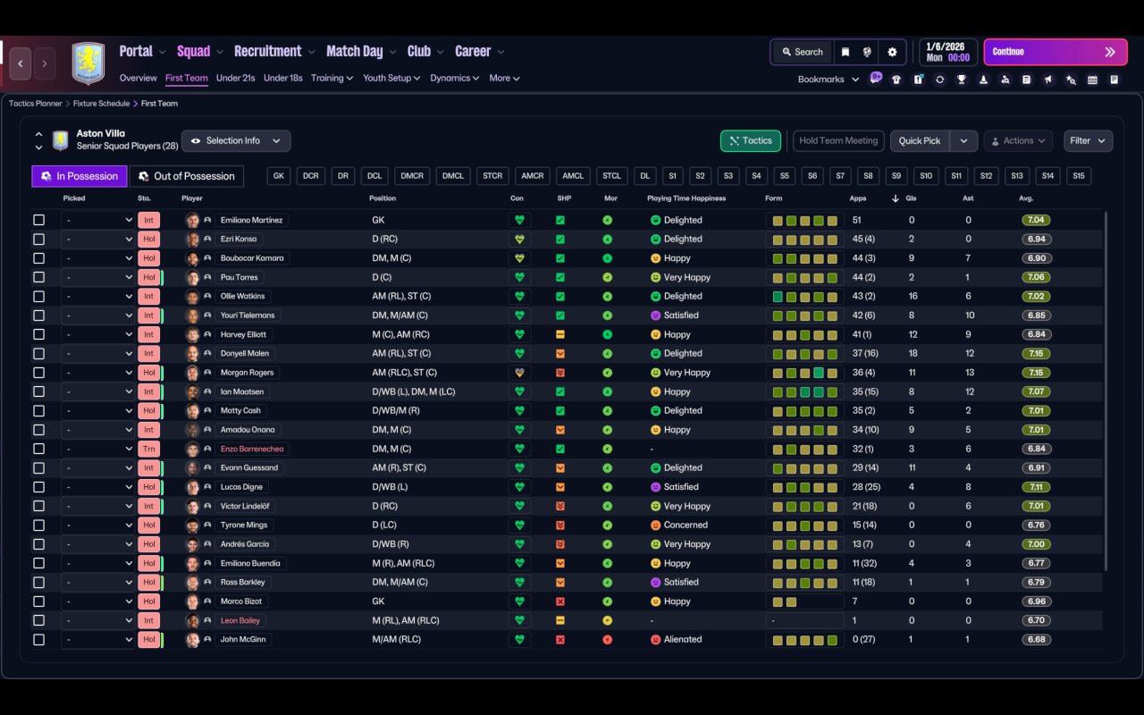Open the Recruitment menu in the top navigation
point(268,52)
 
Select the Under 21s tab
point(235,78)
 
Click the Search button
point(801,52)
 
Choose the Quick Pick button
point(919,140)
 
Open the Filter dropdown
point(1087,140)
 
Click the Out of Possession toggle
point(186,176)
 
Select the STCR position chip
point(492,176)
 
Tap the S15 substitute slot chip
point(1078,176)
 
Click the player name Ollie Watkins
point(242,296)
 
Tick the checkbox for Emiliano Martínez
point(38,220)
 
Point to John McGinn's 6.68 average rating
point(1037,640)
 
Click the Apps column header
point(858,198)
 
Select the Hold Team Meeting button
point(837,140)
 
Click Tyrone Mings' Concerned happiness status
point(685,526)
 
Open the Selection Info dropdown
point(236,140)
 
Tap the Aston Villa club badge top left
point(88,63)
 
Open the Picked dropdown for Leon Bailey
point(97,620)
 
